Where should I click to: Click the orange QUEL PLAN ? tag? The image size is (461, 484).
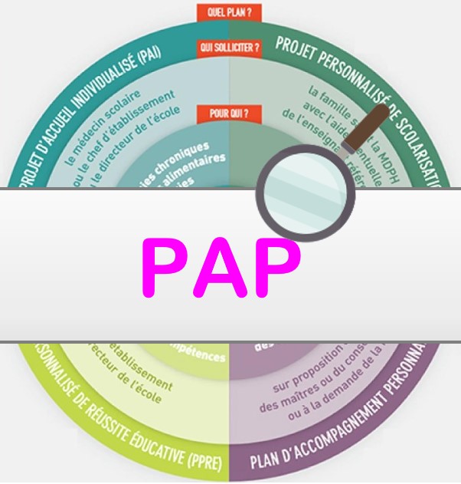(230, 12)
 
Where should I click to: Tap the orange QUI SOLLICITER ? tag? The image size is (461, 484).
(230, 48)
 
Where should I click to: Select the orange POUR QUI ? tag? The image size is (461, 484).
(230, 114)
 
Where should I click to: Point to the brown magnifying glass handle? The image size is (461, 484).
(368, 126)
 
